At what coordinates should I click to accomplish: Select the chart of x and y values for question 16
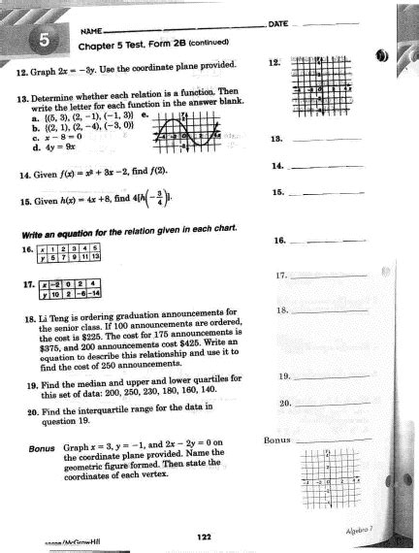click(79, 252)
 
